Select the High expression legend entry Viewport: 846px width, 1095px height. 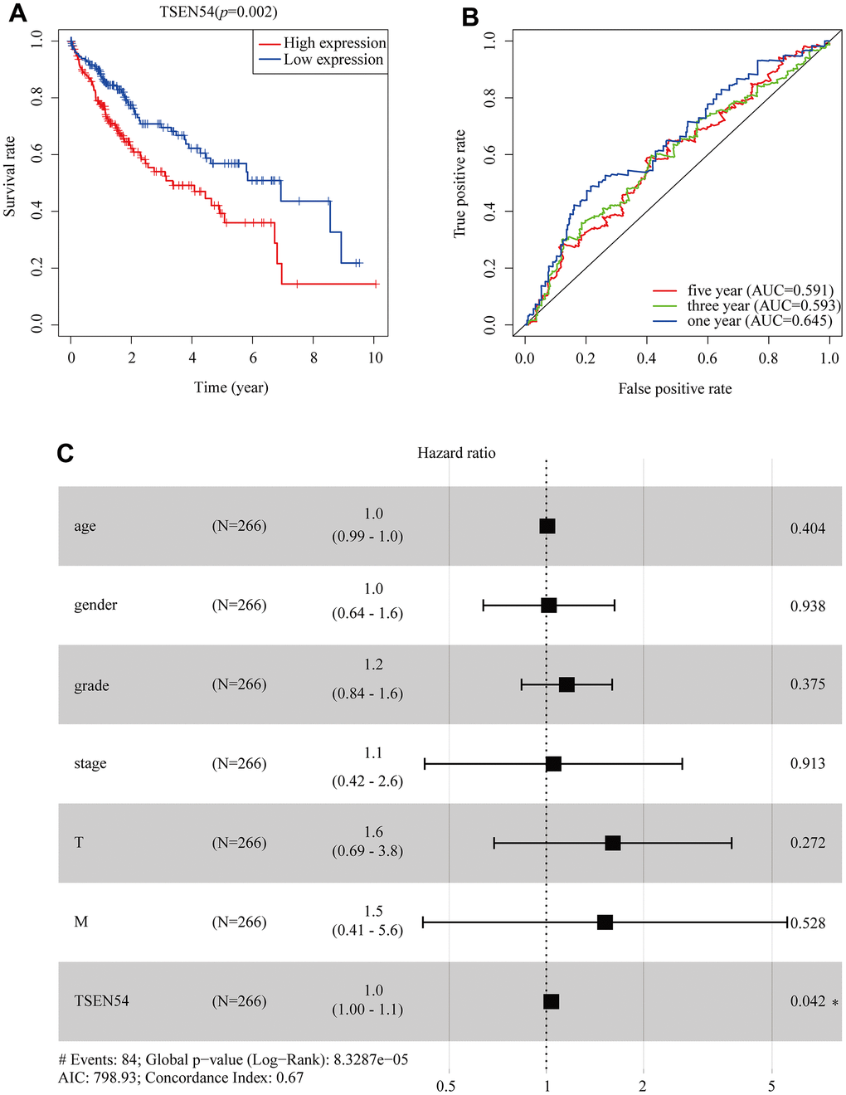334,43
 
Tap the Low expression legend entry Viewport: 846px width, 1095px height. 333,60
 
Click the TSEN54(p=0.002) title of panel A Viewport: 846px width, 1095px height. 218,12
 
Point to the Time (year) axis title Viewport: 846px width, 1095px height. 231,387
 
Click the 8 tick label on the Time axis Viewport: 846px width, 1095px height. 314,358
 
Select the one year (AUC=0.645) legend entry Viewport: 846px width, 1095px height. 759,321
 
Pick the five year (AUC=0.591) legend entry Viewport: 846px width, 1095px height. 760,290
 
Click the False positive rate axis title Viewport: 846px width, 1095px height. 674,389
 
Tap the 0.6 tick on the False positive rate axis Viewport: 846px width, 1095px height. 707,358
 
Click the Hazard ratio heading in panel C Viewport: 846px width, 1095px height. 456,453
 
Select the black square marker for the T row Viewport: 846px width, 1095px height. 613,843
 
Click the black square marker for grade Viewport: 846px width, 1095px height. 566,684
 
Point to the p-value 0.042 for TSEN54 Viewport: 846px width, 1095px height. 807,1001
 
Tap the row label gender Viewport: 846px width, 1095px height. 95,605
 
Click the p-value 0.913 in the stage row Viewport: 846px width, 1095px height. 807,764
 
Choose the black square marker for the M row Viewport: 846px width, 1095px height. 605,922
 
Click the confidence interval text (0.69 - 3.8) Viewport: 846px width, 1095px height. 367,851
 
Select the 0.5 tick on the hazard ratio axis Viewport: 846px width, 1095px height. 446,1087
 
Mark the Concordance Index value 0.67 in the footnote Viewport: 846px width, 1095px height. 289,1078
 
